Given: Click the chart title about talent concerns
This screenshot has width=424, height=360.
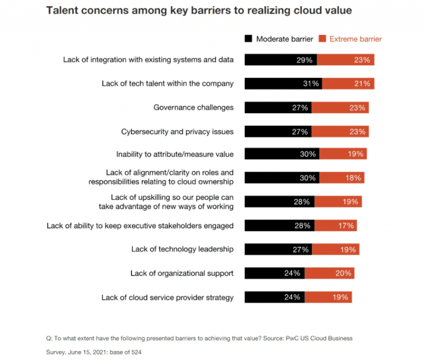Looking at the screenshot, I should click(x=199, y=10).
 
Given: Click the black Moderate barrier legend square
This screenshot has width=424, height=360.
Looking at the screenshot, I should click(x=248, y=39).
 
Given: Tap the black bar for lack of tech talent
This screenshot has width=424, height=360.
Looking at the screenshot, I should click(x=283, y=84).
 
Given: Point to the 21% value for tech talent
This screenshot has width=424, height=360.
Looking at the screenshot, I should click(x=363, y=84).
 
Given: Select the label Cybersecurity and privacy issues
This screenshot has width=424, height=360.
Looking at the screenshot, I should click(x=177, y=131).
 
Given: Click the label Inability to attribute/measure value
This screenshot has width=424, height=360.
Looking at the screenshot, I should click(x=174, y=155).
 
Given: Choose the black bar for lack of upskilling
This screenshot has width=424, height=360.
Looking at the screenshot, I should click(x=279, y=202).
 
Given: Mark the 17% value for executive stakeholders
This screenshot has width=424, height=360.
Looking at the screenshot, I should click(x=346, y=225).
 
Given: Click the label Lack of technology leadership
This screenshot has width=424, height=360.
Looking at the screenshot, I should click(x=182, y=249).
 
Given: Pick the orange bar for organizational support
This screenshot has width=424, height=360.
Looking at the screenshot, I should click(x=329, y=273).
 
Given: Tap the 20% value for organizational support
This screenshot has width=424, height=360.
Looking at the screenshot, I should click(x=342, y=273).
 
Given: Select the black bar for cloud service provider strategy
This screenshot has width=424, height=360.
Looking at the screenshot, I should click(x=274, y=297).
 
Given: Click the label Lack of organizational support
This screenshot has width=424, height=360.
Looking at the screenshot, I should click(x=182, y=273).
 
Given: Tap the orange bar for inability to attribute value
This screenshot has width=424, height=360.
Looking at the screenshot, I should click(x=342, y=155).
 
